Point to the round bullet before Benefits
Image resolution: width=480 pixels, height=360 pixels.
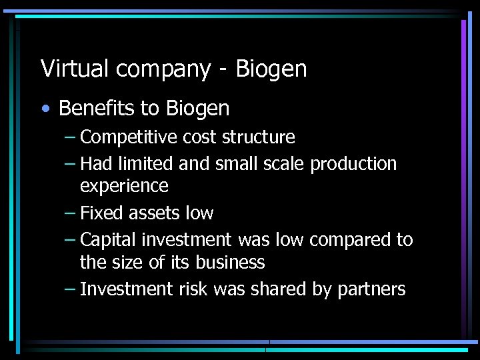pos(44,109)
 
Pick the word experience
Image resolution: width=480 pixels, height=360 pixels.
pos(124,186)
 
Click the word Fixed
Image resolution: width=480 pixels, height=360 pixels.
pos(99,213)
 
